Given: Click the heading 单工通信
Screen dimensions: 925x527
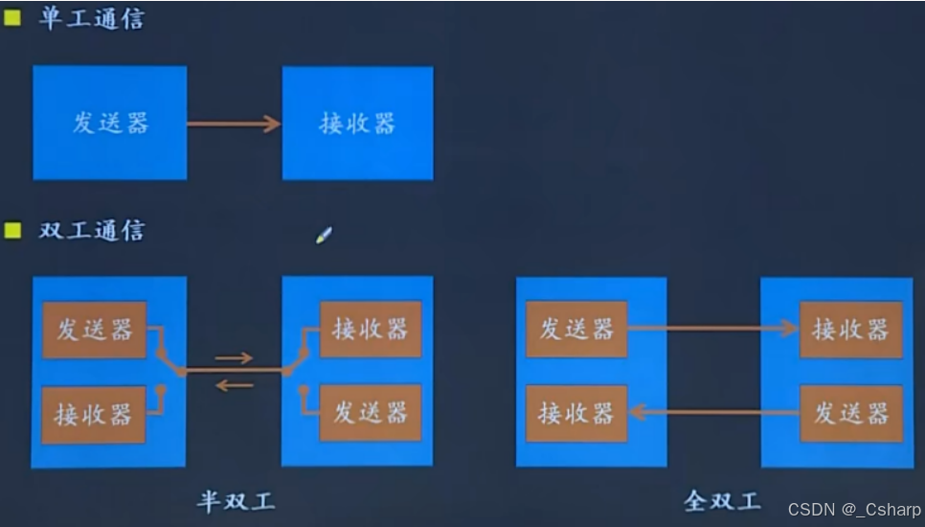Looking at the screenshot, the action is coord(91,18).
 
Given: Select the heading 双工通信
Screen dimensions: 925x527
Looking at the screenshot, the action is coord(91,230).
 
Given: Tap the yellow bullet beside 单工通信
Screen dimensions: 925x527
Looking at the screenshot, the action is coord(12,17).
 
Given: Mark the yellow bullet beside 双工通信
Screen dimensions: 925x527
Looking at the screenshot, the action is coord(12,230).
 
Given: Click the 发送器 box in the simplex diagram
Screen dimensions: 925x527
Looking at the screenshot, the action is coord(110,123).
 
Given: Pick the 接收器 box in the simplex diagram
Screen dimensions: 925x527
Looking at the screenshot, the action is coord(357,123).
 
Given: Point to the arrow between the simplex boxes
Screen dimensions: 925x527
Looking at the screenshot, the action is coord(234,124).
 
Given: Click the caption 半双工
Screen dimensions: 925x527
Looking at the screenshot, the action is coord(237,500).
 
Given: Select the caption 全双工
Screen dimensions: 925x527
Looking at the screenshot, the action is coord(723,500).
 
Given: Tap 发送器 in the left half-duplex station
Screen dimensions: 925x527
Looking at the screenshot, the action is coord(94,330).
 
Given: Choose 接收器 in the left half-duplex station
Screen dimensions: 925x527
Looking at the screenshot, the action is coord(93,414).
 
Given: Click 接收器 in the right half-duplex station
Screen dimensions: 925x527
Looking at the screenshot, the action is coord(370,329).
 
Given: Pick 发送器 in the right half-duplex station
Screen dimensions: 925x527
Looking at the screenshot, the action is coord(370,412).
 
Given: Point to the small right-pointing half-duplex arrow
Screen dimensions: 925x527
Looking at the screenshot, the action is coord(234,358).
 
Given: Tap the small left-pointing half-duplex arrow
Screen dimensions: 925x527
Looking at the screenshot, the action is coord(234,386).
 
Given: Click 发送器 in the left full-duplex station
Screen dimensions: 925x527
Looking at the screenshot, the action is coord(576,329).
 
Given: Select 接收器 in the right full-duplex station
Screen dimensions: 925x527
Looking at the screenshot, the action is coord(850,329).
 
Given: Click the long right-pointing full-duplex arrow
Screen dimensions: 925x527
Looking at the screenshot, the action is coord(712,329).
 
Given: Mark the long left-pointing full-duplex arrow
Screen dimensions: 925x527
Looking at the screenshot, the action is coord(712,413).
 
